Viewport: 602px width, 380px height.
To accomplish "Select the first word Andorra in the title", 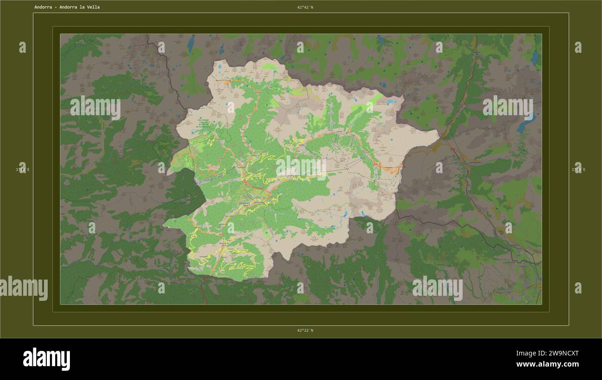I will point(43,7).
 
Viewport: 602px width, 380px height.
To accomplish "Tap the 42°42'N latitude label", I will point(305,7).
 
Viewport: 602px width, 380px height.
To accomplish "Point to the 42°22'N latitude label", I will point(305,330).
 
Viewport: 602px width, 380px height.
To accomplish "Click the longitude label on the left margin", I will point(22,170).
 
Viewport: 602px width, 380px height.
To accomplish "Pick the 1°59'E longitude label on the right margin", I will point(578,170).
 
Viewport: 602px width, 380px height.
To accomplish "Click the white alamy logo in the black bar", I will point(46,359).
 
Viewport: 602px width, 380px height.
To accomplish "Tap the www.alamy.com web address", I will point(547,365).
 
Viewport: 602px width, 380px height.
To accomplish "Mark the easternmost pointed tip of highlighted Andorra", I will point(438,134).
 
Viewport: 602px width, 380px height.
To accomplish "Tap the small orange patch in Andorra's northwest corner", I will point(227,83).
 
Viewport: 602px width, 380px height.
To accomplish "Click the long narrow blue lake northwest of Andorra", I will point(191,43).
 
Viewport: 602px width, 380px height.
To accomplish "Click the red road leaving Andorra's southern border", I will point(204,289).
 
